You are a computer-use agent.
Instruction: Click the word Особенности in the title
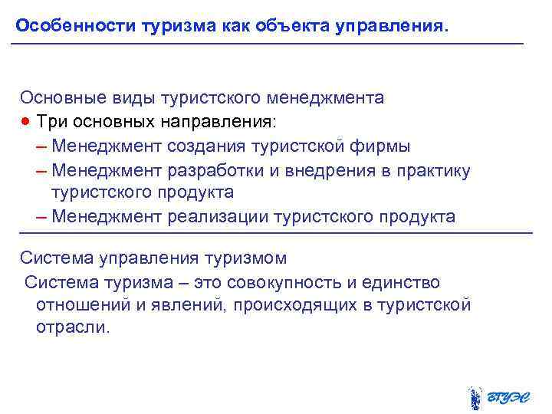(x=75, y=25)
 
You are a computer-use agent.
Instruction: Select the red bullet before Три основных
(x=27, y=122)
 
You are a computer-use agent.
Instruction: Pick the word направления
(x=218, y=122)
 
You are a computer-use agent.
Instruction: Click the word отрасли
(x=73, y=329)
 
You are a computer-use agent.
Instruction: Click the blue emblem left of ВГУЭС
(x=475, y=397)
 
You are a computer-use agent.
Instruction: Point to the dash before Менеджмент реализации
(x=41, y=217)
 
